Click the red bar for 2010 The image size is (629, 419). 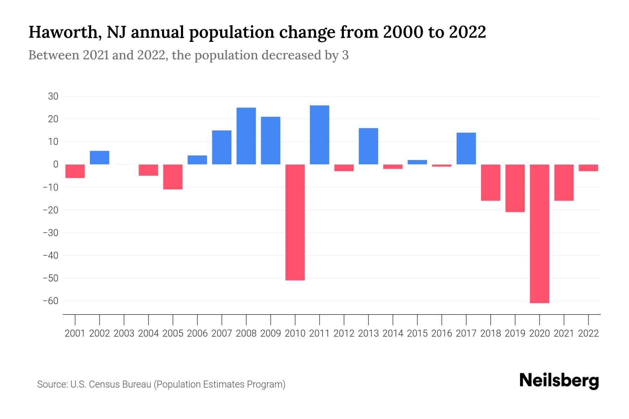coord(295,222)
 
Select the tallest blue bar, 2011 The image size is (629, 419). coord(319,135)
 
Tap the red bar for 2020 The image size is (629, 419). coord(540,233)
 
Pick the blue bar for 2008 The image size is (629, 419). coord(246,136)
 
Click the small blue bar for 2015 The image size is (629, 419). coord(417,162)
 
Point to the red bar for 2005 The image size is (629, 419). coord(173,177)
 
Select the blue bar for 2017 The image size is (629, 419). coord(466,148)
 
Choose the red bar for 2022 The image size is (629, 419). coord(588,168)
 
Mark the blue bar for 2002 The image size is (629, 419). coord(100,157)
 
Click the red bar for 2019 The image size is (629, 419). coord(515,188)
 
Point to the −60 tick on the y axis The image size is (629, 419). coord(50,301)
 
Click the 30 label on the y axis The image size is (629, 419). coord(53,96)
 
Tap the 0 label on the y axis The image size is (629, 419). coord(56,164)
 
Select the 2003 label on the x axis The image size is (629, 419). coord(124,333)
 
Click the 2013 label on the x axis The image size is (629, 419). coord(368,333)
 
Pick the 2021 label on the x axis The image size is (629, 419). coord(564,333)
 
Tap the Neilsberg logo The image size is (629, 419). coord(559,381)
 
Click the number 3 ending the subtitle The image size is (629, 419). coord(345,55)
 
